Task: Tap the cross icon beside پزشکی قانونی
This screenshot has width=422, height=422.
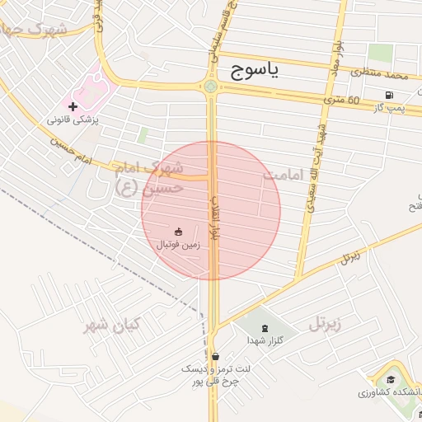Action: (x=73, y=106)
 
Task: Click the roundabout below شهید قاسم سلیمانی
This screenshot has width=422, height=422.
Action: (x=211, y=86)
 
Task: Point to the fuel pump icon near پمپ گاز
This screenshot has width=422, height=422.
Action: (x=388, y=94)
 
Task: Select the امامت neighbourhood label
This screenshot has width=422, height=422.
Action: (x=284, y=176)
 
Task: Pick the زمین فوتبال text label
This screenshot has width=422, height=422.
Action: (x=179, y=245)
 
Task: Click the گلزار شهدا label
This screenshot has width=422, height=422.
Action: (x=265, y=340)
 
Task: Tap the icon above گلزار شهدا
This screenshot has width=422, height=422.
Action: (x=265, y=328)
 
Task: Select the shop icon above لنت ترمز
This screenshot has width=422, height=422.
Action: (x=215, y=356)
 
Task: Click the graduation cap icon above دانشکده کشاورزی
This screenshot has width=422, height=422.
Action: (x=390, y=380)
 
